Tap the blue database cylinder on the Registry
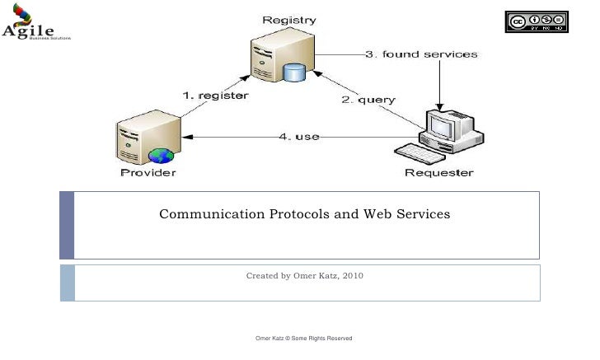294,72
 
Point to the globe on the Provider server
159,156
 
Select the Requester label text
438,173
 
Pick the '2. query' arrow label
368,100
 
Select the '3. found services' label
421,54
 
